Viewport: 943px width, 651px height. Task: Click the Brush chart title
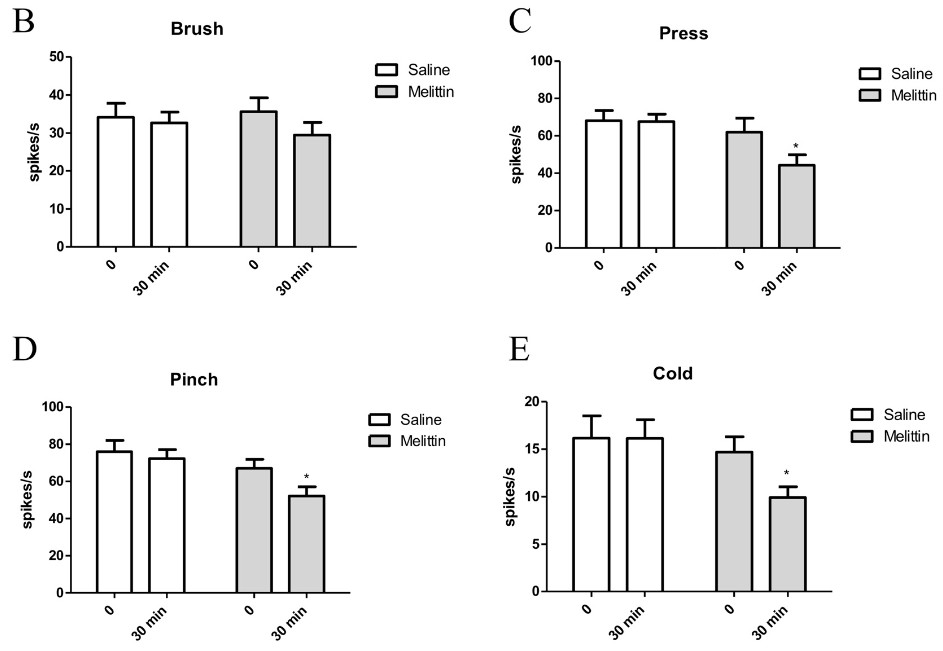coord(197,29)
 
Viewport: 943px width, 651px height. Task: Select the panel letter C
coord(520,21)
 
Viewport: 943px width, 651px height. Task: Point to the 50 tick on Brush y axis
coord(57,57)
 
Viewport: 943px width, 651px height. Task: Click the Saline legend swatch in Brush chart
coord(386,70)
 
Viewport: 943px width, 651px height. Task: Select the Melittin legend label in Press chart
coord(913,95)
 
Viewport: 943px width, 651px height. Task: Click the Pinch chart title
coord(194,380)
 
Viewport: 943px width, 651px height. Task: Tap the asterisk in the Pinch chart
coord(307,476)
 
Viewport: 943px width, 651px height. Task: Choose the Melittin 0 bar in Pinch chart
coord(254,530)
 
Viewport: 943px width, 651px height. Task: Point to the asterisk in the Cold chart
coord(786,473)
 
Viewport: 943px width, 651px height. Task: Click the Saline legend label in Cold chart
coord(904,415)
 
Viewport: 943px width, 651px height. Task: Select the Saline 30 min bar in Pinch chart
coord(167,525)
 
